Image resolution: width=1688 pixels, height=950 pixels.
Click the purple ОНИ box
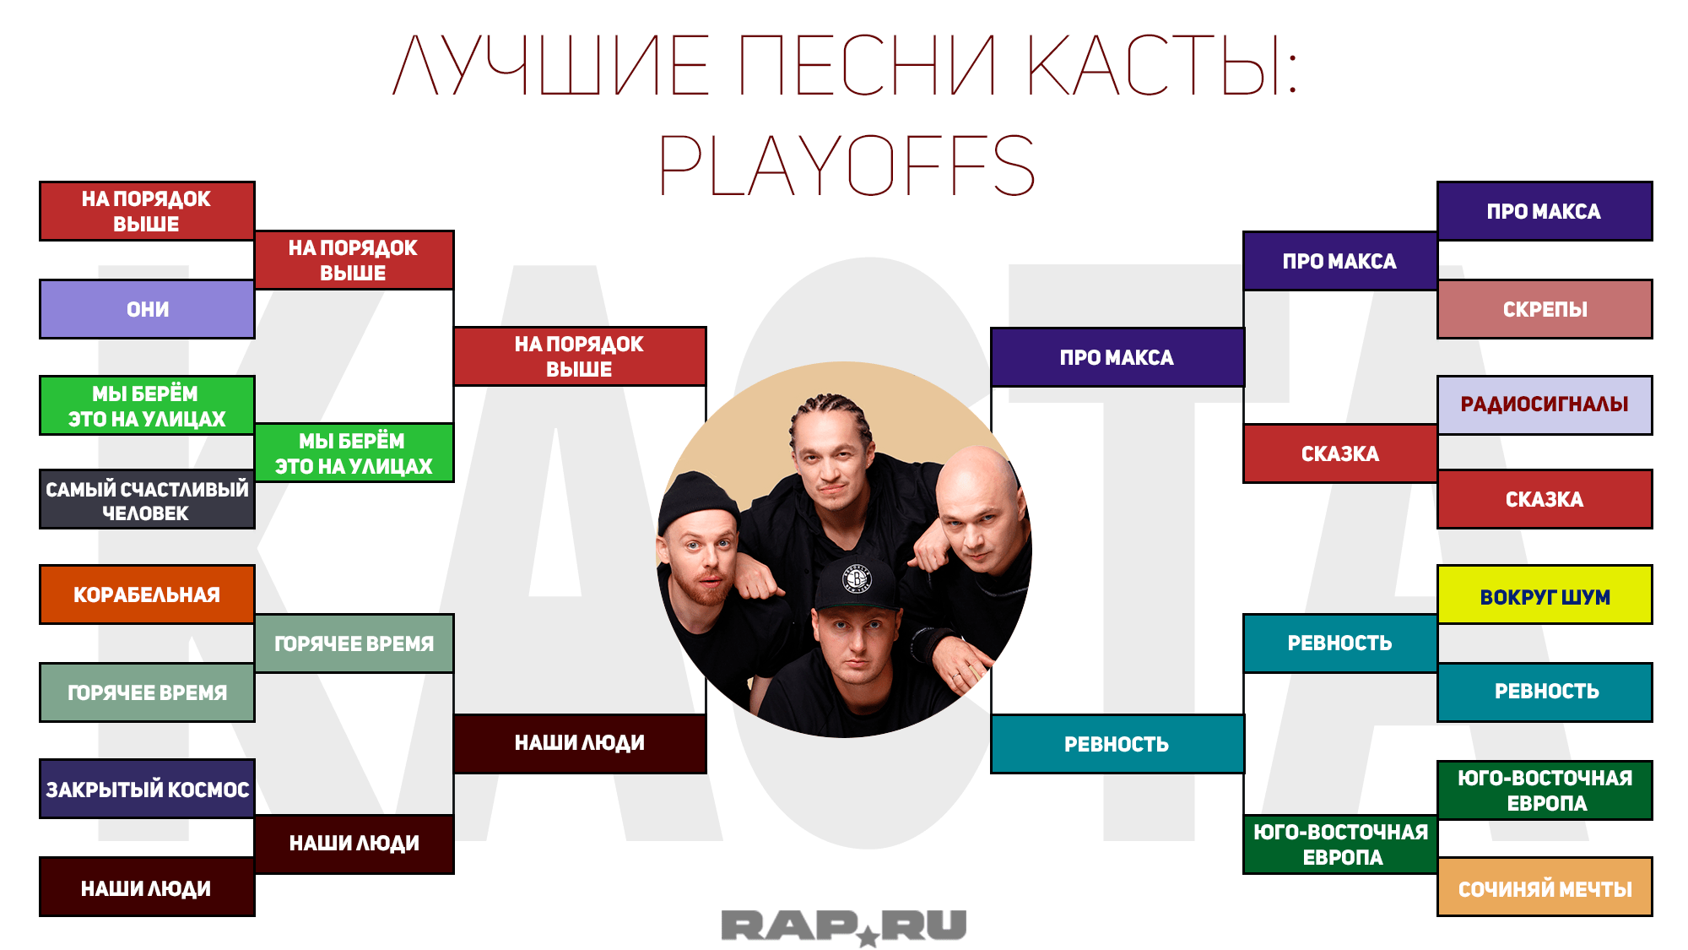tap(147, 309)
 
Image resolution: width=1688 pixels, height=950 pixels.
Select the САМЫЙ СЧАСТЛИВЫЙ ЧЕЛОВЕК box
tap(147, 499)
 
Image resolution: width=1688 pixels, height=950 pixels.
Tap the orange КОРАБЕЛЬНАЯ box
tap(147, 594)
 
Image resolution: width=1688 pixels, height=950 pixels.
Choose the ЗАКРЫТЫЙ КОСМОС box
tap(147, 789)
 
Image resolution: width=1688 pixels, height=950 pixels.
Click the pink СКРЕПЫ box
tap(1545, 309)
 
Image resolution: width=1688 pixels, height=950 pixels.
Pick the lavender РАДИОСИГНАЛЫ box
tap(1545, 404)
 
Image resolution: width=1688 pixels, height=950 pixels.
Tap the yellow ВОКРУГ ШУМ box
tap(1545, 595)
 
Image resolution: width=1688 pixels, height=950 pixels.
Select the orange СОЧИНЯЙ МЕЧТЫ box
tap(1545, 887)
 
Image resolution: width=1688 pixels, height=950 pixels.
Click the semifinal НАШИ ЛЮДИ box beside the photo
tap(580, 743)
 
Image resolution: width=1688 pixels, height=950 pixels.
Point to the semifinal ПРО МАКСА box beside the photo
tap(1117, 357)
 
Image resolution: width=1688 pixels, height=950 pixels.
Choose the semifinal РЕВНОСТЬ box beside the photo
tap(1117, 744)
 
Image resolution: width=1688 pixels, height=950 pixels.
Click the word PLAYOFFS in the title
tap(847, 166)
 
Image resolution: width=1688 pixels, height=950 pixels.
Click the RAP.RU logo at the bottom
tap(844, 927)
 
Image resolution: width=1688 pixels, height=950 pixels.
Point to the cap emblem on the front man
tap(857, 578)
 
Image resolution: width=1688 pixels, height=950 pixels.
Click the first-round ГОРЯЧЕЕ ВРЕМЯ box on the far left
tap(147, 692)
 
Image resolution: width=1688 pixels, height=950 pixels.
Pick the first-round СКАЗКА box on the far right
tap(1545, 499)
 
